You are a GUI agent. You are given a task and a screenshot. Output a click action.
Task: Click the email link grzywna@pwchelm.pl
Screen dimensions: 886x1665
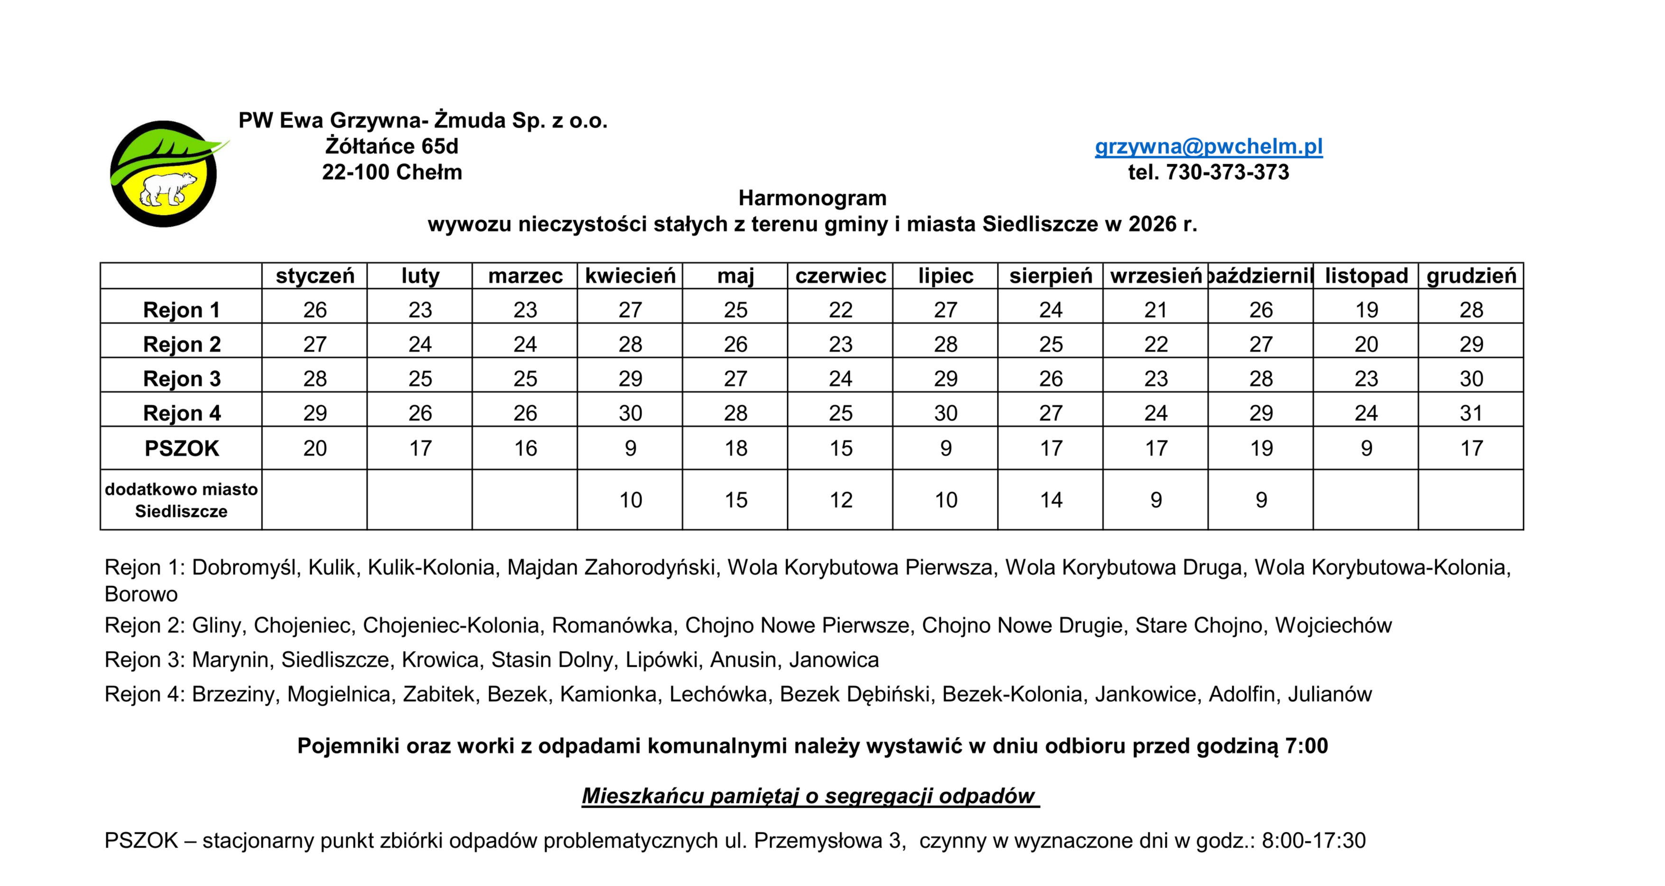[x=1208, y=146]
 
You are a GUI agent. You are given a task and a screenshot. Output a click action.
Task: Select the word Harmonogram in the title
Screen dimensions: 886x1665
[x=812, y=198]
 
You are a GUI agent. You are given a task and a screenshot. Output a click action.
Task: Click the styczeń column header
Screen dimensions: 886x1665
[x=315, y=276]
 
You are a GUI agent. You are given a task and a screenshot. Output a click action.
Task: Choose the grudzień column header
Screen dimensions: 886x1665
[x=1471, y=276]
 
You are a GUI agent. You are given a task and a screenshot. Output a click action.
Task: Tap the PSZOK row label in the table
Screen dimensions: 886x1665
[x=182, y=448]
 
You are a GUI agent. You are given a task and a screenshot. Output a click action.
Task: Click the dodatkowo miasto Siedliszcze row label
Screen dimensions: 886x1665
[x=182, y=500]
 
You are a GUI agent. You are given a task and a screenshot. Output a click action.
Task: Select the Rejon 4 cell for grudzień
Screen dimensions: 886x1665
[x=1471, y=413]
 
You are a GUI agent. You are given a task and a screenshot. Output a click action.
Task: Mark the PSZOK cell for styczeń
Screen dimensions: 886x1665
[x=315, y=448]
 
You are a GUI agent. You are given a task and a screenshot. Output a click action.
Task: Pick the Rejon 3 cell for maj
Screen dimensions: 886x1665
[x=735, y=379]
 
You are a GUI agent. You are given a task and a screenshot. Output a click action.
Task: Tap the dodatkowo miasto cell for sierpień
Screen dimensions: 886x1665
[x=1051, y=500]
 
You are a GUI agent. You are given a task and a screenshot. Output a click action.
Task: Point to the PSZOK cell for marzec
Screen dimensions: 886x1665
[x=525, y=448]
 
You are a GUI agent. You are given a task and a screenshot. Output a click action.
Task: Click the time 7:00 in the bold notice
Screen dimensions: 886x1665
[x=1306, y=746]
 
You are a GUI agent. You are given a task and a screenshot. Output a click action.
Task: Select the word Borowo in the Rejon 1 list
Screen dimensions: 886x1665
[x=141, y=594]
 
